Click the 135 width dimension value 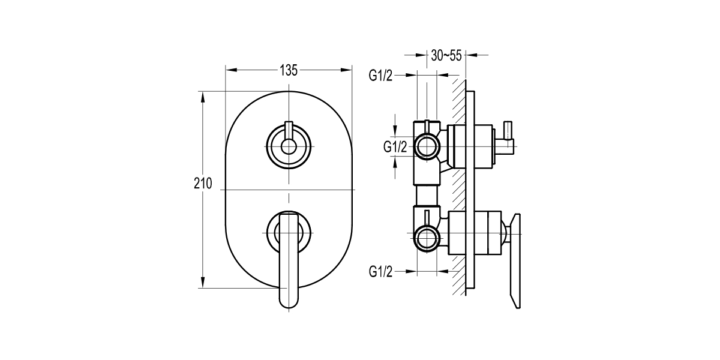tap(289, 70)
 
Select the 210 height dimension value tap(203, 184)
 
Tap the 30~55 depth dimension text tap(446, 56)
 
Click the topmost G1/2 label tap(380, 76)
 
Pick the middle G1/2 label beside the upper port tap(395, 146)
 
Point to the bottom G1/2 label tap(380, 272)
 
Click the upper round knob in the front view tap(289, 146)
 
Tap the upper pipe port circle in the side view tap(427, 146)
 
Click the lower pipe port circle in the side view tap(427, 238)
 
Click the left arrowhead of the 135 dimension tap(229, 70)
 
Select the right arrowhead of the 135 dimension tap(348, 70)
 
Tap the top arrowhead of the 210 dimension tap(203, 96)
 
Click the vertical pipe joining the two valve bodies tap(427, 194)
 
